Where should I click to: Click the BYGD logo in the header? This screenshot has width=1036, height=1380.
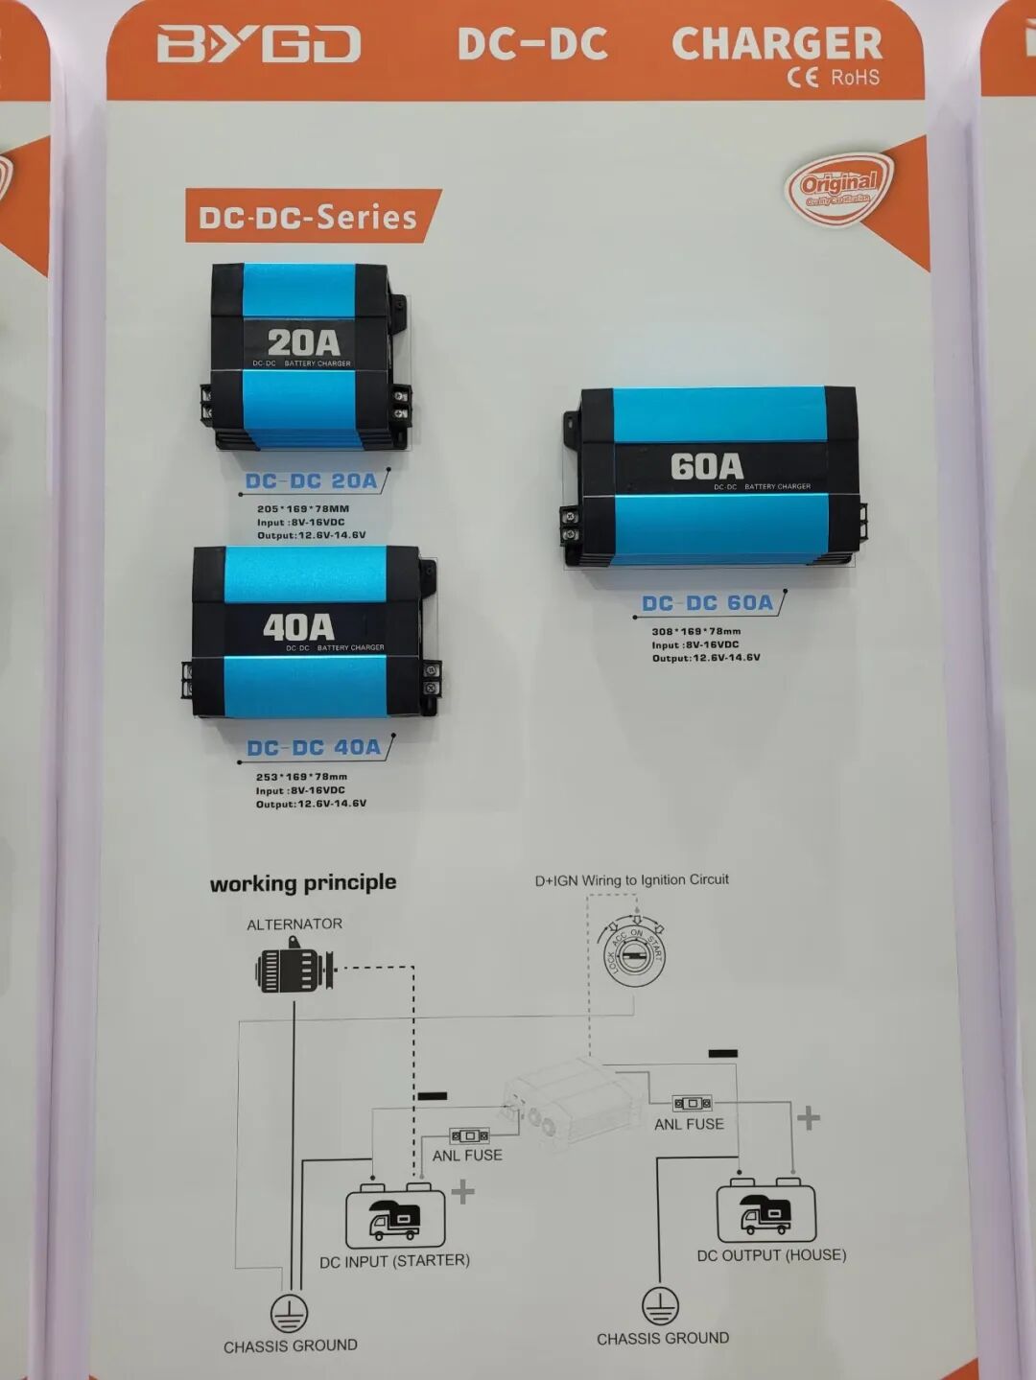pos(258,44)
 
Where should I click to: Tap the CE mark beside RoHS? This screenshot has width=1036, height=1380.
pos(802,78)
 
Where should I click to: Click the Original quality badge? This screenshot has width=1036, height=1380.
pos(839,187)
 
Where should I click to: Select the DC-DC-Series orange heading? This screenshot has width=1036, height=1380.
pos(308,217)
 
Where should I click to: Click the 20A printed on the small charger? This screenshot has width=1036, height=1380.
pos(303,342)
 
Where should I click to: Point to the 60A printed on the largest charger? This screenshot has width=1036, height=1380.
pos(706,466)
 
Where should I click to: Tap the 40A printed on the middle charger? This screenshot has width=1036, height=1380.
pos(298,627)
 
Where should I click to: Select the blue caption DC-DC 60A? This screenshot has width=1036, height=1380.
pos(707,603)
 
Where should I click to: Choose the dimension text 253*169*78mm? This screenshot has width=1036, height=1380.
pos(301,777)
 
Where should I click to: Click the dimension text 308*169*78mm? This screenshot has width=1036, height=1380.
pos(695,631)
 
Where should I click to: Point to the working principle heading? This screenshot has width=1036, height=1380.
pos(303,882)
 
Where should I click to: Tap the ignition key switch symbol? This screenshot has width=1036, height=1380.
pos(633,952)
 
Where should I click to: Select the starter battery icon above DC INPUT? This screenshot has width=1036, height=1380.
pos(394,1216)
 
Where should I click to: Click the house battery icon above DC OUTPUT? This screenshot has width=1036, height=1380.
pos(765,1211)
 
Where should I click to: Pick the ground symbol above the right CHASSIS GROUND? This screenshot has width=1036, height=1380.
pos(660,1305)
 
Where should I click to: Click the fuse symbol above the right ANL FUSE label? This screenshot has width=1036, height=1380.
pos(692,1104)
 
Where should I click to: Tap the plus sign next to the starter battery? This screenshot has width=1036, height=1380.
pos(462,1192)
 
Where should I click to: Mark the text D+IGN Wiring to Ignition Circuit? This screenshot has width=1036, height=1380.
pos(631,879)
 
